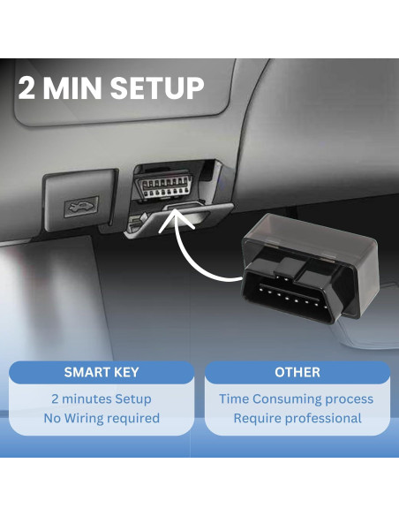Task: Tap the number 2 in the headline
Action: (26, 87)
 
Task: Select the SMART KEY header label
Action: (102, 372)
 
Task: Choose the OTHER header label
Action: (297, 372)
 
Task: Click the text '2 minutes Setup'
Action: (102, 398)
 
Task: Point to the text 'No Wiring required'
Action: (102, 418)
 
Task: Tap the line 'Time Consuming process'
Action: (297, 398)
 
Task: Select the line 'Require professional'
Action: (297, 418)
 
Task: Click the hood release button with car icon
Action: (77, 207)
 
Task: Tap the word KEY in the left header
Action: (124, 372)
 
